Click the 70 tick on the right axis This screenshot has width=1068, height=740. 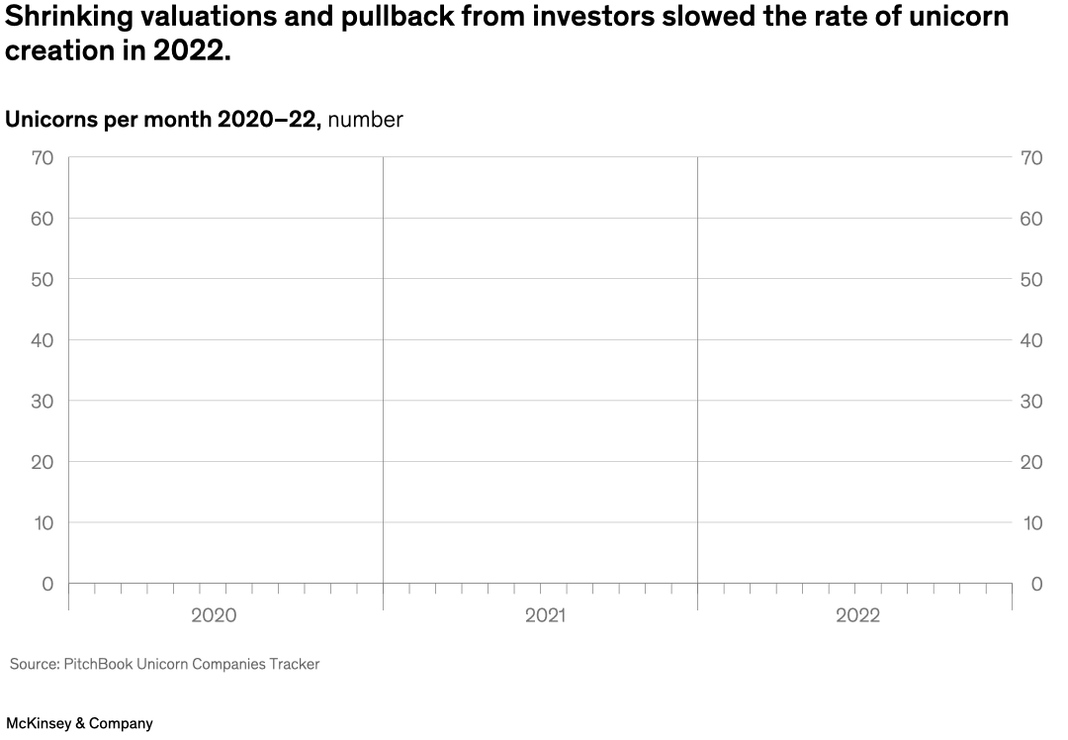1032,157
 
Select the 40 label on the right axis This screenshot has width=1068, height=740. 1032,340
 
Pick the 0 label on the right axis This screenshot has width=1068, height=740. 1036,584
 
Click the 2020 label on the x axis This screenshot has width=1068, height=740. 214,615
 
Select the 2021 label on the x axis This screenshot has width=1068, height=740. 545,615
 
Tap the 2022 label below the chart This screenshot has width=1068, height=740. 857,615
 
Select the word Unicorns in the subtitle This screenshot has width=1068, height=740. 50,120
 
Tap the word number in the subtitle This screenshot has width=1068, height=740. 366,120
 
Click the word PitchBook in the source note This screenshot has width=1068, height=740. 101,664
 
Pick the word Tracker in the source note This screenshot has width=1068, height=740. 295,664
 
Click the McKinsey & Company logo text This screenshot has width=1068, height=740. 80,723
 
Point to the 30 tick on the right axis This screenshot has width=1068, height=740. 1032,401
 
